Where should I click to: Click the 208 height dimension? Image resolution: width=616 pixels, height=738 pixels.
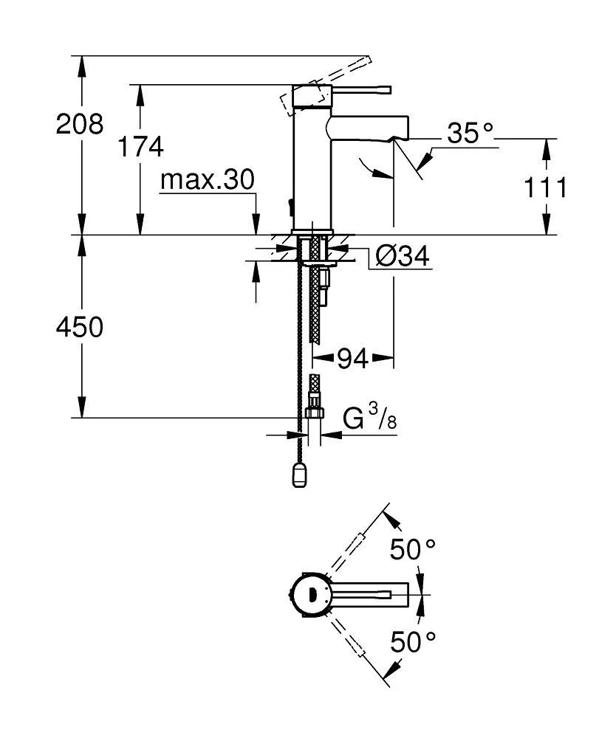[x=81, y=124]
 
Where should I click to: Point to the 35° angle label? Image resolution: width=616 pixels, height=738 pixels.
[x=470, y=134]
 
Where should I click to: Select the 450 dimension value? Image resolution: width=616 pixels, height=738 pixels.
[x=81, y=327]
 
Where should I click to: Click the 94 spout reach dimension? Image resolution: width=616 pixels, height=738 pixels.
[x=352, y=359]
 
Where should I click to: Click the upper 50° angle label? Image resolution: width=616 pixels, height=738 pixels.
[x=413, y=550]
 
